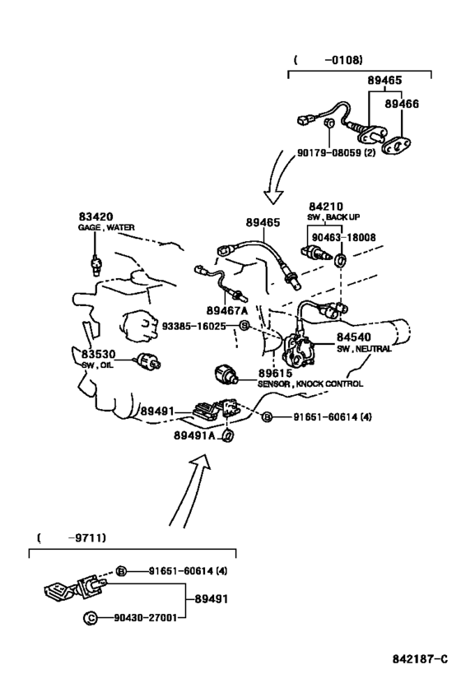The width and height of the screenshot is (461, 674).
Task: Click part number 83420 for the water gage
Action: pyautogui.click(x=95, y=216)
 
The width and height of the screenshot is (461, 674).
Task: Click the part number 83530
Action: pyautogui.click(x=99, y=354)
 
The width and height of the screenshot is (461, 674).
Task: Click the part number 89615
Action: pyautogui.click(x=275, y=373)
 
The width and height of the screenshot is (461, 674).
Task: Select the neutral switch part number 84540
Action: pyautogui.click(x=353, y=337)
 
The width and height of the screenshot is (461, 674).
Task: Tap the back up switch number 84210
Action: pyautogui.click(x=326, y=207)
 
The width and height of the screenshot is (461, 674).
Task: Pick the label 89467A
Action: pyautogui.click(x=227, y=310)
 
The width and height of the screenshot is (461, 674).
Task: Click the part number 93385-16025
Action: pyautogui.click(x=193, y=326)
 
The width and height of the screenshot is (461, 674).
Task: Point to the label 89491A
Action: pyautogui.click(x=194, y=435)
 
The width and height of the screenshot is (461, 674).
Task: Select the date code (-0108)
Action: pyautogui.click(x=328, y=60)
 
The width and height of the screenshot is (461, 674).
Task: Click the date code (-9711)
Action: pyautogui.click(x=72, y=537)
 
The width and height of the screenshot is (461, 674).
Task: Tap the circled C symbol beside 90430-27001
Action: pyautogui.click(x=91, y=618)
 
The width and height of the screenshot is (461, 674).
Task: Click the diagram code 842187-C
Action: pyautogui.click(x=420, y=659)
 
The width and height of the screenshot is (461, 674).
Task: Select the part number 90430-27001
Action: pyautogui.click(x=146, y=618)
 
